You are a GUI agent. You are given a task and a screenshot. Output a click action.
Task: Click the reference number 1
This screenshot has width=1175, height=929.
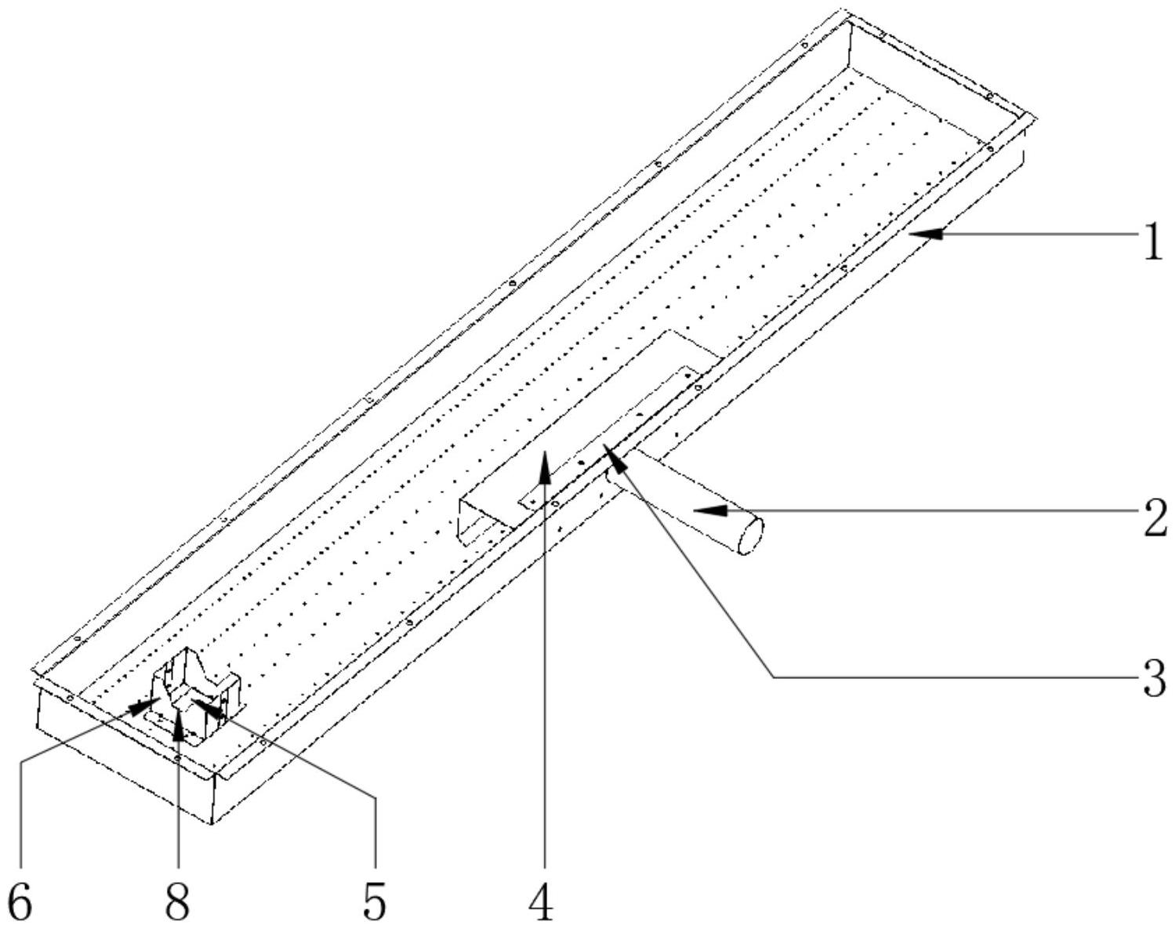pyautogui.click(x=1151, y=243)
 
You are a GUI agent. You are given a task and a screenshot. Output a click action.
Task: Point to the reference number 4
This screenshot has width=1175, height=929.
pyautogui.click(x=541, y=902)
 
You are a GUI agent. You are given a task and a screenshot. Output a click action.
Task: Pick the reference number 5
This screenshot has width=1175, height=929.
pyautogui.click(x=375, y=902)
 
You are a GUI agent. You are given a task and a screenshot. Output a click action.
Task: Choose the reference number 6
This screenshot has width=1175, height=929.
pyautogui.click(x=20, y=902)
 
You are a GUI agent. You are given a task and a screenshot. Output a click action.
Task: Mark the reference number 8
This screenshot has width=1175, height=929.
pyautogui.click(x=178, y=902)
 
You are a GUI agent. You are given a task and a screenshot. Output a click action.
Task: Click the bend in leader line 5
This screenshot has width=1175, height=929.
pyautogui.click(x=375, y=798)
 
